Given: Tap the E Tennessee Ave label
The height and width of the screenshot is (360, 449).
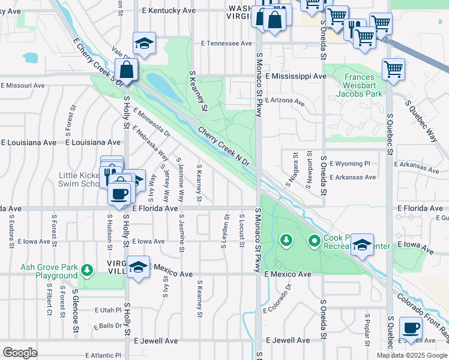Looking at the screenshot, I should (227, 43).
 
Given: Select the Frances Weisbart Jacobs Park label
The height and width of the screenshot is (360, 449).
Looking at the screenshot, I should (359, 85).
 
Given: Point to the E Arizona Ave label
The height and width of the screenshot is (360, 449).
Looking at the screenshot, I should (285, 101).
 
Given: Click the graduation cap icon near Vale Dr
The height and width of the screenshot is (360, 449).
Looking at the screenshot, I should (143, 43).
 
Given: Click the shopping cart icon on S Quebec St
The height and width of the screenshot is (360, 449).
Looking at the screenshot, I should (393, 68).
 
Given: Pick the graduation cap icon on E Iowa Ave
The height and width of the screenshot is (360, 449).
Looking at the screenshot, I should (362, 245).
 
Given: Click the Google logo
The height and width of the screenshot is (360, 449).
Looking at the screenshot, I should (20, 353).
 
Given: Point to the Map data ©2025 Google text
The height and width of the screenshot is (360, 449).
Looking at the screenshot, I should (411, 355).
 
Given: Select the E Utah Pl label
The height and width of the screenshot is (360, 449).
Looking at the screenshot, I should (108, 310).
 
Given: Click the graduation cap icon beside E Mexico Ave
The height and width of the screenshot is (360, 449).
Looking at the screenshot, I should (138, 267).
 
